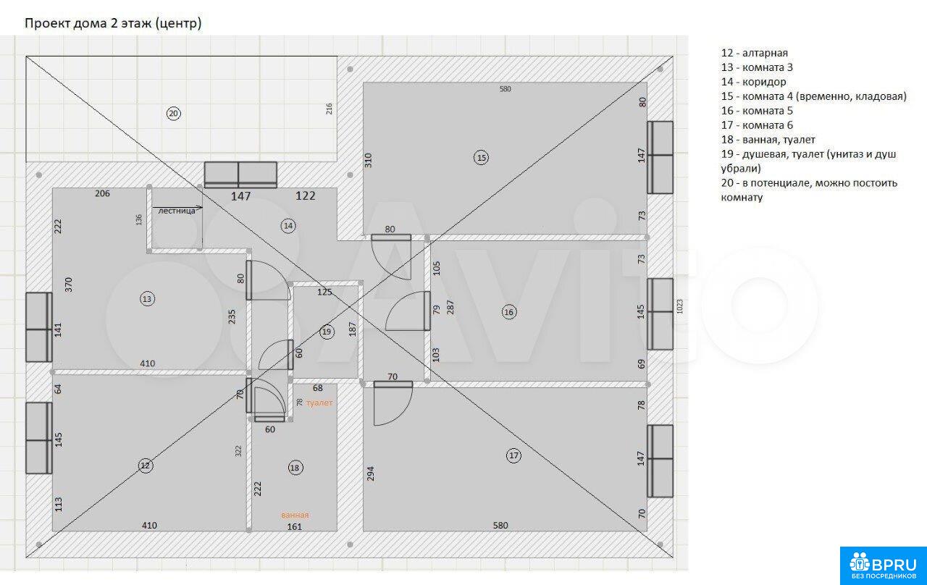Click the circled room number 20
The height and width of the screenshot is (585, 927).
point(173,114)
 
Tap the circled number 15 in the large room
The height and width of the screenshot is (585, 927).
point(482,158)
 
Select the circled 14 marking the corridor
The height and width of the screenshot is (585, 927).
point(288,226)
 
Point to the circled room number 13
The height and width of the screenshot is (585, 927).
point(147,299)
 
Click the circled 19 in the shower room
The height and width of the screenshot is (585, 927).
point(327,332)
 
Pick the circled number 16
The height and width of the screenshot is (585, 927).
point(508,312)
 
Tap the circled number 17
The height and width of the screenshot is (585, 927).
point(513,455)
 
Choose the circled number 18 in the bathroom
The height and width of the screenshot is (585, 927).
point(295,468)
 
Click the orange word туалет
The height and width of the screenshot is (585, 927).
point(319,403)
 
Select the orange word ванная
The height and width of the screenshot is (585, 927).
point(295,515)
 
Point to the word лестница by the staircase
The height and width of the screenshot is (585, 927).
point(177,211)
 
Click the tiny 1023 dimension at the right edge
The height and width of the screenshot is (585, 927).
point(679,306)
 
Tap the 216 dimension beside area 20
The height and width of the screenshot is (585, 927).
point(329,109)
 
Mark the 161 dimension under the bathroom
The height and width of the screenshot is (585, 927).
point(294,526)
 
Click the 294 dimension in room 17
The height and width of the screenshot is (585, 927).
point(370,474)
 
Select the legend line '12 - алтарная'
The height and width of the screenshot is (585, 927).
point(755,53)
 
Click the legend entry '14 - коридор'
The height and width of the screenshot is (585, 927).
point(754,82)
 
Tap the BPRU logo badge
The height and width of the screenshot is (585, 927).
point(883,565)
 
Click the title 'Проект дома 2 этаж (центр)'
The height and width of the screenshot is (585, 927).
point(113,24)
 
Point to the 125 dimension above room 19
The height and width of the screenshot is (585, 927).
point(324,292)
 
